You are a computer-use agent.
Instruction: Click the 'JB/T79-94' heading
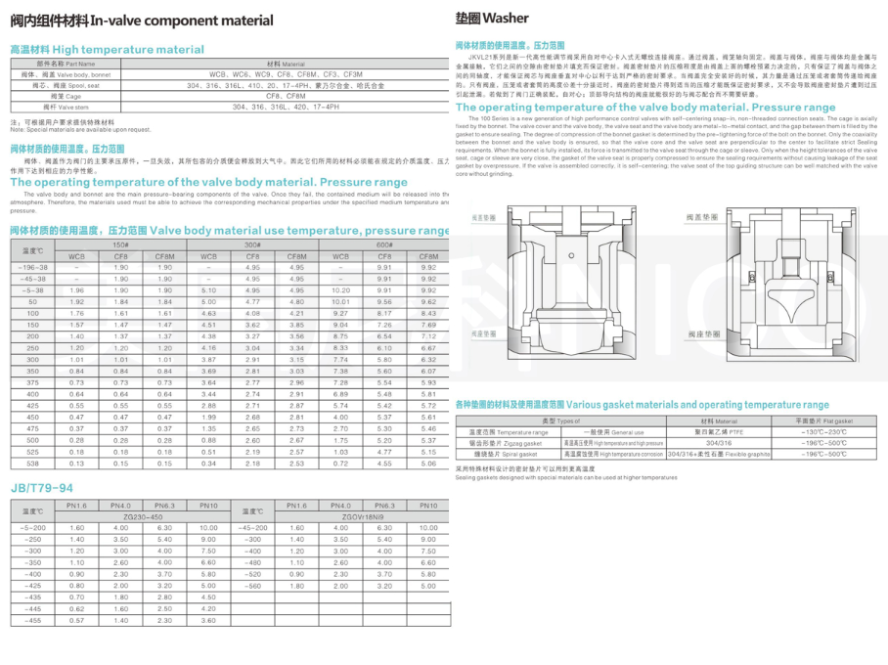pos(41,488)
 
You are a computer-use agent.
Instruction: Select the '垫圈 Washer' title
pos(492,18)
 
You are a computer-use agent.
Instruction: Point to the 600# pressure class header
pos(384,245)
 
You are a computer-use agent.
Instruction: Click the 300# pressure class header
pos(252,245)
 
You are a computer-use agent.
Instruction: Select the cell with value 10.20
pos(341,289)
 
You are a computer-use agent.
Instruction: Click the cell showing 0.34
pos(208,464)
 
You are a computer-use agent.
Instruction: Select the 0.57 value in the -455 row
pos(78,620)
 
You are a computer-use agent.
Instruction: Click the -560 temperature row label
pos(252,586)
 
